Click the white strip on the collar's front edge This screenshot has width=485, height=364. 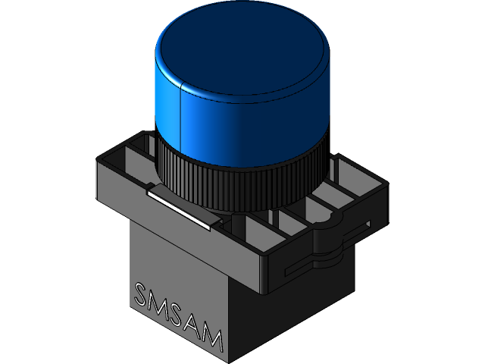182,207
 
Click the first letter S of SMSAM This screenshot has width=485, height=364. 141,294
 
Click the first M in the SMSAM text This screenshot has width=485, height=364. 158,304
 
